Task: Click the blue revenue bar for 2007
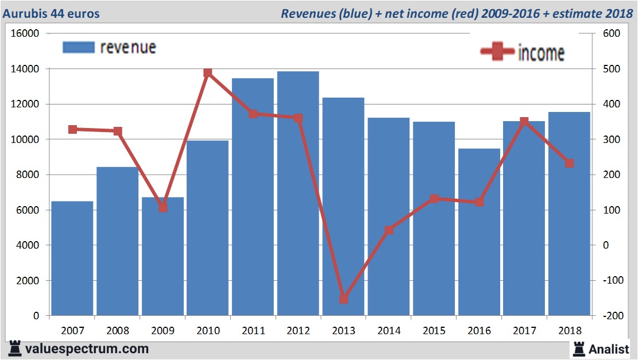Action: (72, 258)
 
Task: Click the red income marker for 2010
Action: (208, 73)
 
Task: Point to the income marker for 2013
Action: (343, 299)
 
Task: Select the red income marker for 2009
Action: (163, 208)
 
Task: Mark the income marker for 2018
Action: (569, 163)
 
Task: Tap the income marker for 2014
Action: (389, 230)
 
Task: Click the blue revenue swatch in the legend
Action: (78, 47)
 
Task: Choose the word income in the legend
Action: (541, 53)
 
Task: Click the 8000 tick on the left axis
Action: (28, 175)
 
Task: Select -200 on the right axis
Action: (610, 316)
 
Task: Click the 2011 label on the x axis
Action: (253, 331)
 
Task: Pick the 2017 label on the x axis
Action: (524, 331)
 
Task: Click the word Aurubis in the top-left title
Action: (24, 13)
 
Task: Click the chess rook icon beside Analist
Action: (578, 348)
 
